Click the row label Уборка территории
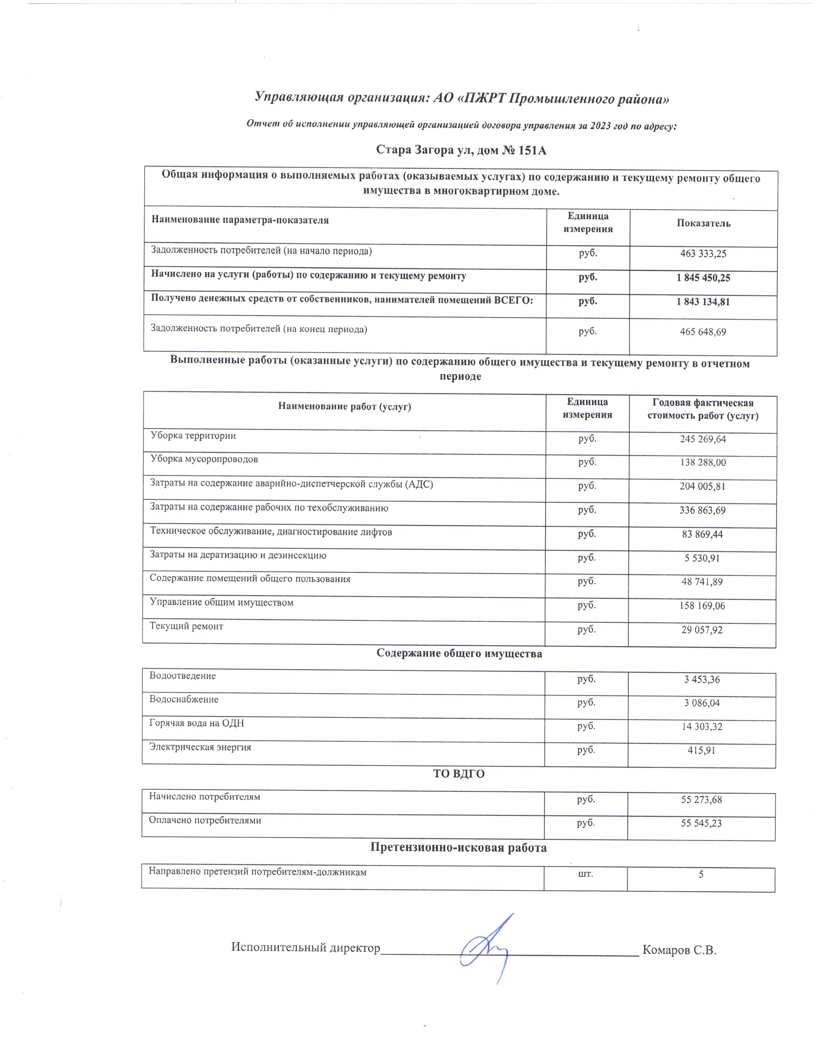click(193, 436)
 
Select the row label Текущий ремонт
click(186, 627)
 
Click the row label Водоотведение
click(183, 676)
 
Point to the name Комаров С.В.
click(679, 950)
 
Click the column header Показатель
click(703, 223)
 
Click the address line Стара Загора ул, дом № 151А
click(461, 150)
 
